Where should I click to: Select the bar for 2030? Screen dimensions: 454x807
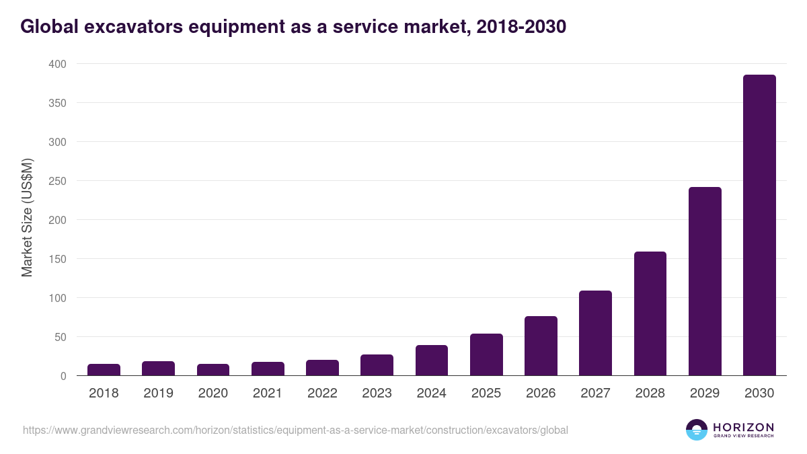pos(759,225)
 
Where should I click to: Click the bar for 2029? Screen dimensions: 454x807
pos(705,281)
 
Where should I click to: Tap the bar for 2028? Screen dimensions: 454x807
pos(650,313)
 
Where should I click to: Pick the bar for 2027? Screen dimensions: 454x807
pos(595,333)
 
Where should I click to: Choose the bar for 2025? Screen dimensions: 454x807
pos(486,354)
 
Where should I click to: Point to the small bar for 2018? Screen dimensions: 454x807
pos(104,370)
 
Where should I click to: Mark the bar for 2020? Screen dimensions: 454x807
pos(213,370)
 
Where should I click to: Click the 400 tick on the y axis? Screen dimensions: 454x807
pos(57,64)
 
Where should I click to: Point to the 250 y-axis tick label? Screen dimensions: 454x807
pos(57,181)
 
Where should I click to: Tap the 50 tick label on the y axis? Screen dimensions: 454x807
pos(60,337)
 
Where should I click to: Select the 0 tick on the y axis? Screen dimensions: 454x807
pos(63,376)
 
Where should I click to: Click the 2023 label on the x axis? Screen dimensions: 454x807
pos(377,393)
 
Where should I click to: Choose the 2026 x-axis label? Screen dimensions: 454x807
pos(541,393)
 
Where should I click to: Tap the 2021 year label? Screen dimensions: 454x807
pos(268,393)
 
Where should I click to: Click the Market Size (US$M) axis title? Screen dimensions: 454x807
pos(27,218)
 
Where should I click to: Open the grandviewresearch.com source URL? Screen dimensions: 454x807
pos(296,430)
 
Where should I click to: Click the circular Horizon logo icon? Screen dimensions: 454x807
pos(697,430)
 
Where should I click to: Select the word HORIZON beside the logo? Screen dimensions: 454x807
pos(743,426)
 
